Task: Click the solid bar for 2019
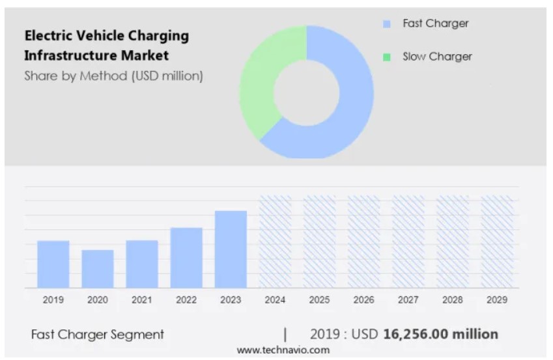click(53, 264)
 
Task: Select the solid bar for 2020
click(97, 269)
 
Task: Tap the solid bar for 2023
click(231, 249)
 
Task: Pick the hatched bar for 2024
click(275, 242)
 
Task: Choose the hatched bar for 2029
click(497, 242)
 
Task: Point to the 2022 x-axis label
click(186, 300)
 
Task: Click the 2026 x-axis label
click(363, 300)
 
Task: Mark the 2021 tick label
click(141, 300)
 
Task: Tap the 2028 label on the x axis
click(453, 300)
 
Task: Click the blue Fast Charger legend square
click(387, 24)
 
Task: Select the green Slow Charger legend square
click(387, 57)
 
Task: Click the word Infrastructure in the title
click(70, 55)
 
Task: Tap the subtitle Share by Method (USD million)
click(113, 76)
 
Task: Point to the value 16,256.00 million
click(440, 334)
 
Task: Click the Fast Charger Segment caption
click(98, 335)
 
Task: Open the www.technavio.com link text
click(283, 350)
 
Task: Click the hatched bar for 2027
click(408, 242)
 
